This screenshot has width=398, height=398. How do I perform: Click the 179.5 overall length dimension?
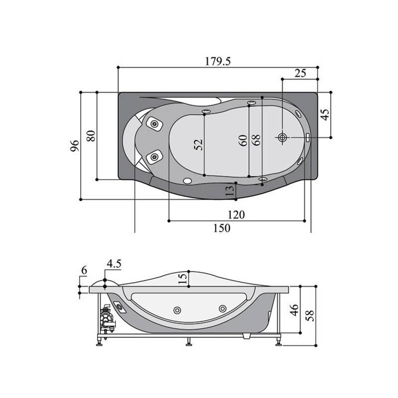218,61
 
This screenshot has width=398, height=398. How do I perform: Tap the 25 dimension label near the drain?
300,73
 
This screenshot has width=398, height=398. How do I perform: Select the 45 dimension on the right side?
325,114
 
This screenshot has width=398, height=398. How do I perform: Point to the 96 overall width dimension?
75,146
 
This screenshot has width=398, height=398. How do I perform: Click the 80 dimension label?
91,136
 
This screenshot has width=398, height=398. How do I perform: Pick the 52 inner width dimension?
199,145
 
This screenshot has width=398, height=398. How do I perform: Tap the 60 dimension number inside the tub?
243,140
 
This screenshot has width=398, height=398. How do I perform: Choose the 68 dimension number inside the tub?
256,140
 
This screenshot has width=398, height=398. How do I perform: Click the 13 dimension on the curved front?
229,191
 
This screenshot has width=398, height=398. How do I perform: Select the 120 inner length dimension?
236,215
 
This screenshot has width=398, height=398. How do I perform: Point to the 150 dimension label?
222,228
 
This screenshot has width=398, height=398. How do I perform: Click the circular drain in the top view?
282,137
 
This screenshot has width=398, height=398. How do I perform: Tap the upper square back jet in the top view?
154,124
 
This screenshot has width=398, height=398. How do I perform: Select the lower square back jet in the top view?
154,157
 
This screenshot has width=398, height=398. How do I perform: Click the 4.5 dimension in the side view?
114,264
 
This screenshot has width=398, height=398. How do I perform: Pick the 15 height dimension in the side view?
183,278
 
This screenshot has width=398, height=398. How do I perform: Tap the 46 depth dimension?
294,310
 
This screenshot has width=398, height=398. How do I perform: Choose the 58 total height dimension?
309,315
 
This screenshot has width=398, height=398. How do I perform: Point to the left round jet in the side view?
177,310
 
